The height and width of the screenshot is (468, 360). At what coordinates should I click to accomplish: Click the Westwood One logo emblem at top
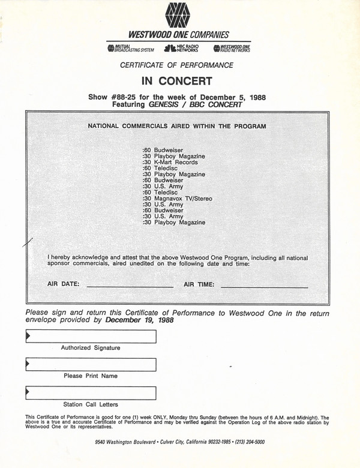[x=179, y=16]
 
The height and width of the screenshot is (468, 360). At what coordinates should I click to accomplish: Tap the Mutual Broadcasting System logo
[x=130, y=49]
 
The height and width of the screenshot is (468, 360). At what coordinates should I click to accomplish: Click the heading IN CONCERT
[x=179, y=80]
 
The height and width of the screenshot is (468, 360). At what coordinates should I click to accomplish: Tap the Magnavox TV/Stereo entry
[x=178, y=198]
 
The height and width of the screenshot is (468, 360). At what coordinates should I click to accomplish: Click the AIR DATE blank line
[x=130, y=287]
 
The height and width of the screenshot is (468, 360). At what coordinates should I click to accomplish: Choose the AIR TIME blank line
[x=264, y=287]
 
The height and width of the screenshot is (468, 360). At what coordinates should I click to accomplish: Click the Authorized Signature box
[x=91, y=337]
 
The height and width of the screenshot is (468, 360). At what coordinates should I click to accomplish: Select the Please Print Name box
[x=91, y=365]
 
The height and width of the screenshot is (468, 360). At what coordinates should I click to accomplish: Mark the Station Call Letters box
[x=91, y=393]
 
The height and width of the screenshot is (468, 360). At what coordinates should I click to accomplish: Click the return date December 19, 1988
[x=139, y=320]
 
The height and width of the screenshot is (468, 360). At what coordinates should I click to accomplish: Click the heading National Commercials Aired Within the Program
[x=177, y=126]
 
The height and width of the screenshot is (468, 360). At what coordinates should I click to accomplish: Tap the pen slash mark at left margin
[x=26, y=244]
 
